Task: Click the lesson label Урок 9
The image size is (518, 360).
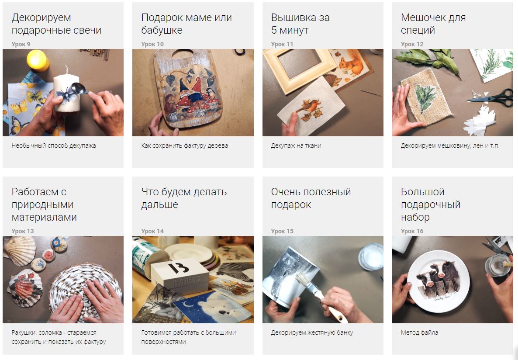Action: pos(21,44)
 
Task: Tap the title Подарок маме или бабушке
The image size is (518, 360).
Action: pos(186,24)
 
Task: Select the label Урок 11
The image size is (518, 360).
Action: pos(282,44)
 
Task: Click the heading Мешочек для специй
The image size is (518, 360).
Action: pos(433,24)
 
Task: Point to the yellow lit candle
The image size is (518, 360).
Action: pos(37,60)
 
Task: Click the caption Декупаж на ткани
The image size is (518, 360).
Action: pos(296,145)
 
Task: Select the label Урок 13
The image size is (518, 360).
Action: pos(22,232)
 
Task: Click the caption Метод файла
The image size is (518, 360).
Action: pos(420,332)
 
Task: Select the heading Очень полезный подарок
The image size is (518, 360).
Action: pos(311,198)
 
